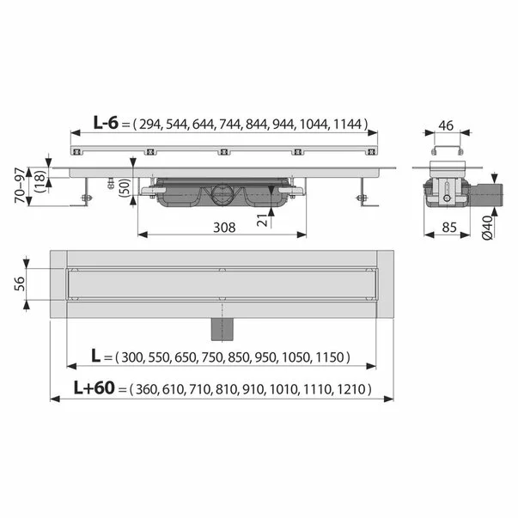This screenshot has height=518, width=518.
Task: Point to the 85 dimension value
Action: click(447, 229)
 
